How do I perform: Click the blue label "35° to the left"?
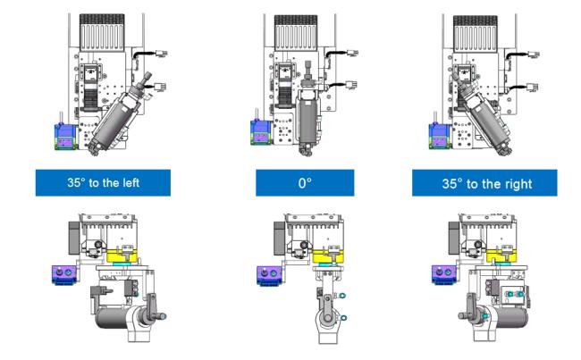[103, 182]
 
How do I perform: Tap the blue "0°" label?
[305, 182]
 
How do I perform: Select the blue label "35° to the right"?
[484, 183]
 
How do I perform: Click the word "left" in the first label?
[129, 182]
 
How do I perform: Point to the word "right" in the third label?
[518, 184]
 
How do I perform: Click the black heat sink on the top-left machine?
[102, 32]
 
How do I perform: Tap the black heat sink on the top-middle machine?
[296, 32]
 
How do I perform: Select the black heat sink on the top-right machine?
[476, 33]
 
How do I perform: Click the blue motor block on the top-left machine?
[65, 137]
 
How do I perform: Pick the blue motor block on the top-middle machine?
[261, 132]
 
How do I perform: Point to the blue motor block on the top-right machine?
[440, 136]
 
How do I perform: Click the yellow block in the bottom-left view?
[122, 255]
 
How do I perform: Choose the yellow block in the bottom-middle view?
[328, 256]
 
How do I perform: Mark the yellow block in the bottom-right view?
[501, 255]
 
